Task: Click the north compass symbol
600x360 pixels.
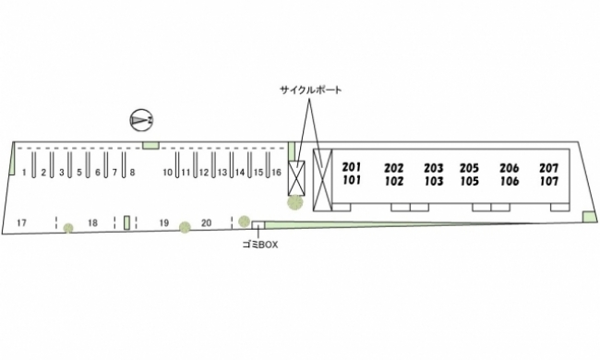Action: point(141,120)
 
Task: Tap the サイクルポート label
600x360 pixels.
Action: point(310,90)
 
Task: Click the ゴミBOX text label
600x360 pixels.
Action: point(260,245)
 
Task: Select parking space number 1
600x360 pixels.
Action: point(24,173)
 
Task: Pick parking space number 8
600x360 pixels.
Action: point(132,173)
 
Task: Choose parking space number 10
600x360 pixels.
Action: point(168,173)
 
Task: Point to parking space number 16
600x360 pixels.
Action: point(276,173)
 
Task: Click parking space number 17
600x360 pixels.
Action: point(22,222)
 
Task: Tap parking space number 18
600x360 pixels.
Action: point(92,222)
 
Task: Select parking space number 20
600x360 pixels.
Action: point(206,222)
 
